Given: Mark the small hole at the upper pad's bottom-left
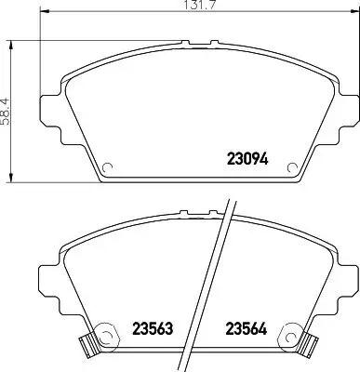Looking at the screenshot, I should coord(105,169).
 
